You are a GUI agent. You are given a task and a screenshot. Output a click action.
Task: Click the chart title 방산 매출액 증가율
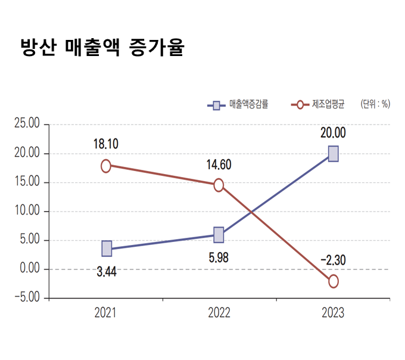click(x=102, y=48)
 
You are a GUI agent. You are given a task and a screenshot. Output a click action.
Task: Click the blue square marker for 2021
click(x=107, y=249)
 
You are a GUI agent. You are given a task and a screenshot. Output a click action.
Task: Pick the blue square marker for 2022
click(x=219, y=234)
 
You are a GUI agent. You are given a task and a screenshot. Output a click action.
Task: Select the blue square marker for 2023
click(x=333, y=154)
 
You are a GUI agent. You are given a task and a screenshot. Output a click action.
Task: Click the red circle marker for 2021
click(x=106, y=166)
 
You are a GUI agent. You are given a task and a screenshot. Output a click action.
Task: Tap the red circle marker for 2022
click(x=219, y=185)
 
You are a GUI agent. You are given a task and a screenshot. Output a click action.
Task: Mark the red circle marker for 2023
click(x=333, y=281)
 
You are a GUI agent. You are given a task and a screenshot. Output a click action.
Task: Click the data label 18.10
click(x=105, y=145)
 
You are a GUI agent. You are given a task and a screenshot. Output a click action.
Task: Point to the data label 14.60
click(x=219, y=165)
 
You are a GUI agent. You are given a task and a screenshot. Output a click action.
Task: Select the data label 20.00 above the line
click(x=332, y=133)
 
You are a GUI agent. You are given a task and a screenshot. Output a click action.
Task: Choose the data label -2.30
click(x=333, y=260)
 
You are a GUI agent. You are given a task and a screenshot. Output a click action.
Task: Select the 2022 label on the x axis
click(x=219, y=313)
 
